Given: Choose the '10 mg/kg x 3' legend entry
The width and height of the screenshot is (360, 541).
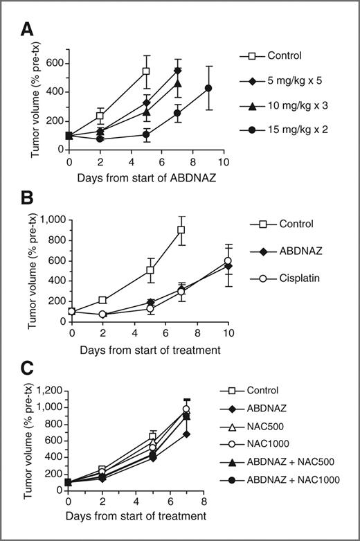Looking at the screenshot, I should tap(291, 107).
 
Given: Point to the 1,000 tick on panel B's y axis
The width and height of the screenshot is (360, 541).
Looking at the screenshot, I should tap(50, 220).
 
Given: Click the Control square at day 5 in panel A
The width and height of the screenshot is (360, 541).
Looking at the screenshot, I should tap(146, 71).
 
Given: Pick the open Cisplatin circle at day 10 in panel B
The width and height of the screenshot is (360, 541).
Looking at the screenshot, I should tap(228, 261).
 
